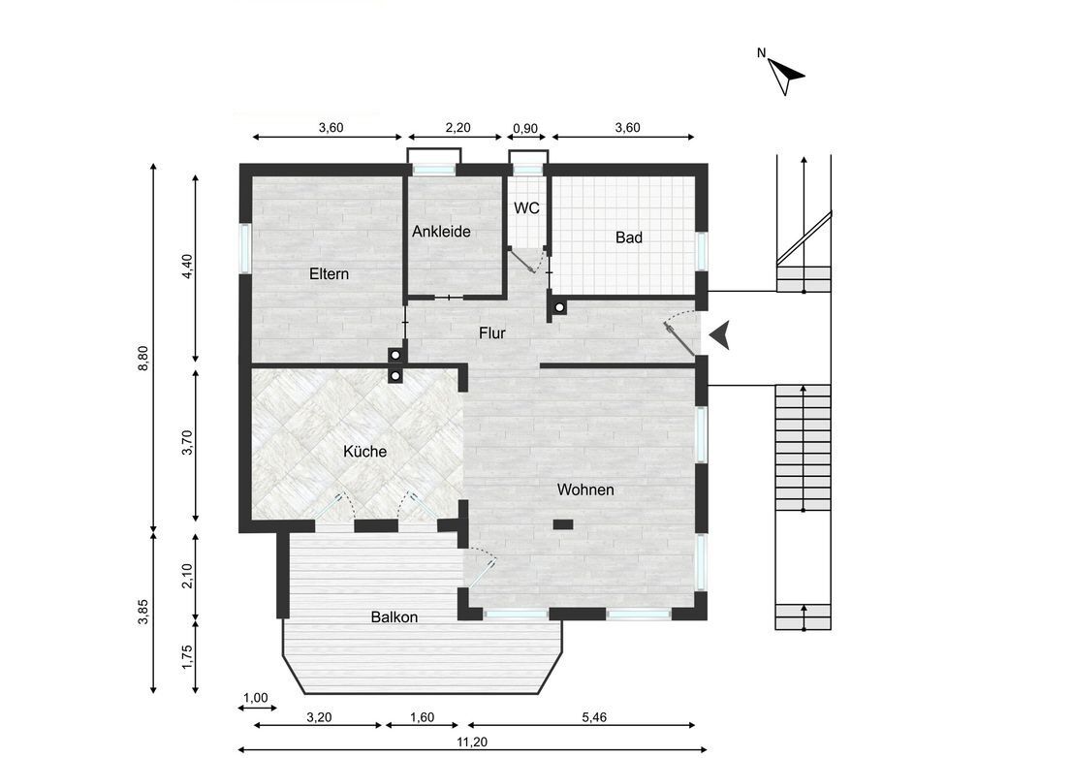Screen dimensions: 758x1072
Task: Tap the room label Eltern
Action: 329,274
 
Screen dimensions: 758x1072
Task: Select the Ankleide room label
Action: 441,232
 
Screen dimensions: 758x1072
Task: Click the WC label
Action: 526,207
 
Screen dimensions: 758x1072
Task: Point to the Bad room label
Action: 629,237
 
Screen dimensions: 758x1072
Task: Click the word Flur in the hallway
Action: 492,333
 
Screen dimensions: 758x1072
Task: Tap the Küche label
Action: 364,452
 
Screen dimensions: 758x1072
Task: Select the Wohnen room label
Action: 585,490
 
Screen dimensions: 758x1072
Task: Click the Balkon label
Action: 394,617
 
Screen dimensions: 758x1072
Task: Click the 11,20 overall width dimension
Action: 472,741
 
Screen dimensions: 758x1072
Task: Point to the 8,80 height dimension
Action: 143,359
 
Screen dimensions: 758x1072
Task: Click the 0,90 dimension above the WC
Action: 525,128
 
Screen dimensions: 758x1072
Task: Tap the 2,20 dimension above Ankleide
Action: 457,128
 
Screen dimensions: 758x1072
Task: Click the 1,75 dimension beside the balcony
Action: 188,657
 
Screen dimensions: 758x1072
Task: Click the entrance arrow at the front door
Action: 719,335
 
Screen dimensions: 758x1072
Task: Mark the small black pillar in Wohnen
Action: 563,524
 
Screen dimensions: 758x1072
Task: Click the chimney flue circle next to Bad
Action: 559,309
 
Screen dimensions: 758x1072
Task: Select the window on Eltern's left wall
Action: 245,249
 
